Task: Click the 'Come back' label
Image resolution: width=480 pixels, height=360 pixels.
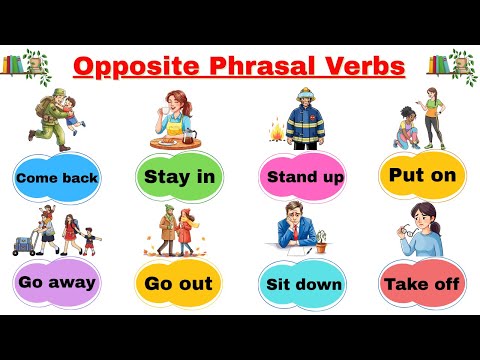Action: click(x=56, y=180)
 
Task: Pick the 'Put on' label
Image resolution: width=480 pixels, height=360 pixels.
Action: click(x=423, y=175)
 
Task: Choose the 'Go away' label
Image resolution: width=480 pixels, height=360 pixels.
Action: click(x=56, y=281)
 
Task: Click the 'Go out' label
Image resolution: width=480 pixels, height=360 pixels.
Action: click(x=178, y=284)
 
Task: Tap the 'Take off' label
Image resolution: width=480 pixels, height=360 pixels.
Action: click(x=423, y=284)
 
